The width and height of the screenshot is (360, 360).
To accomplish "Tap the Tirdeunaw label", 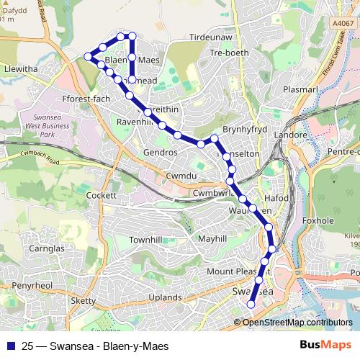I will click(x=210, y=37).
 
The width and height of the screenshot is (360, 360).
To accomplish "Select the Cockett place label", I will click(x=100, y=195).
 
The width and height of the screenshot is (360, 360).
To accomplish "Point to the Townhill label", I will click(x=145, y=239).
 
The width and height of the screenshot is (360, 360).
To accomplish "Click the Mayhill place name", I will click(x=212, y=238).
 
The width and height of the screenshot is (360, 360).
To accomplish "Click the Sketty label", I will click(x=83, y=300).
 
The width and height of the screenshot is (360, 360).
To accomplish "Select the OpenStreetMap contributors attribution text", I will click(x=297, y=323).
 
